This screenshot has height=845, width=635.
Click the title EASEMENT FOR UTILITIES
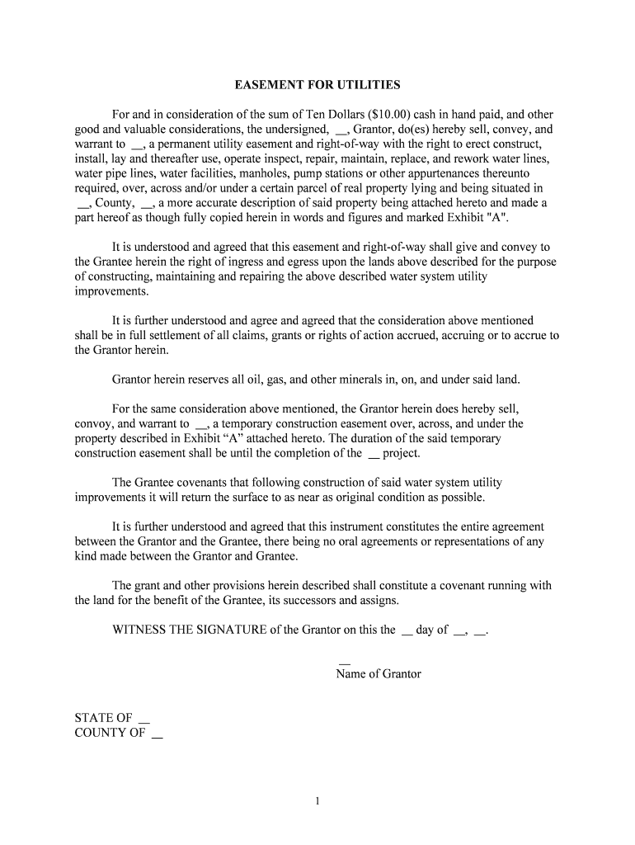317,85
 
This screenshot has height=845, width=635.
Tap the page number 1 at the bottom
317,800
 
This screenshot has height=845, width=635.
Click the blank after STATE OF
144,718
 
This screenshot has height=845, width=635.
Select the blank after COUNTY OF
157,733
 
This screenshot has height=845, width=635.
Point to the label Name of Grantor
379,674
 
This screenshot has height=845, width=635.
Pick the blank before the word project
373,454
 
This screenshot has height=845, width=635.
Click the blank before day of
406,630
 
